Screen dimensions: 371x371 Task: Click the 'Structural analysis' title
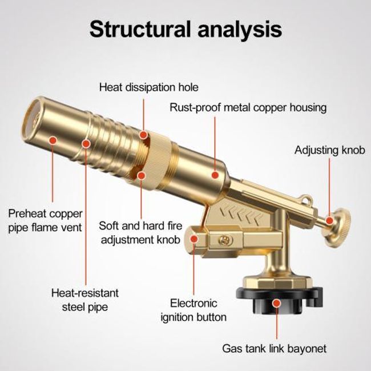[185, 29]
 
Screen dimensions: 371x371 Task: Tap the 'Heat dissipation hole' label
[148, 87]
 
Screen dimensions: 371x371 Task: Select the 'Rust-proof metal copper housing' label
[248, 108]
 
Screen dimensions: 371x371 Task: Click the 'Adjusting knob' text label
[330, 150]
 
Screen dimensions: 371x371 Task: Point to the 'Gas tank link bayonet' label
[274, 349]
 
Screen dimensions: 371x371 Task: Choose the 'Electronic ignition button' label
[193, 310]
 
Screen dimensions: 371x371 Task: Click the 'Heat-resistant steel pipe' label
[85, 300]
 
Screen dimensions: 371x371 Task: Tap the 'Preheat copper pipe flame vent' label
[45, 220]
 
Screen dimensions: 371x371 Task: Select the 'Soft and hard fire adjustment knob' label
[140, 233]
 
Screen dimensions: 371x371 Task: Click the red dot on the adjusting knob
[329, 221]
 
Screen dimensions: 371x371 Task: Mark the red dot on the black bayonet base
[276, 303]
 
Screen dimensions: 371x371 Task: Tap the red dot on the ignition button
[194, 239]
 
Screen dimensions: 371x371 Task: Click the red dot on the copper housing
[215, 175]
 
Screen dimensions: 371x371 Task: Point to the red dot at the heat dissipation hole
[143, 135]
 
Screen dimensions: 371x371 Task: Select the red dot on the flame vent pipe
[53, 140]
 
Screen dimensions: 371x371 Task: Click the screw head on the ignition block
[223, 240]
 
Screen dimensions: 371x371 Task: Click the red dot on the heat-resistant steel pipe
[86, 144]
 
